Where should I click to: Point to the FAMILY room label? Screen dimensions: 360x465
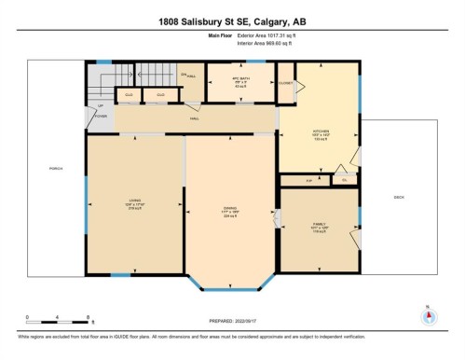[320, 224]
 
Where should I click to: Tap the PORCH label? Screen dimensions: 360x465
[55, 169]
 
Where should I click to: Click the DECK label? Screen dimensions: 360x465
[398, 197]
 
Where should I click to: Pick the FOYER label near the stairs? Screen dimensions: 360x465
[101, 117]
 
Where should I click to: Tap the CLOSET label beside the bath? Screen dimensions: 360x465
[286, 83]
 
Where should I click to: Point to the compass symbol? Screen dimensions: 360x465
[428, 314]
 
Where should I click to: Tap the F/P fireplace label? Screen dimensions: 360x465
[297, 179]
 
